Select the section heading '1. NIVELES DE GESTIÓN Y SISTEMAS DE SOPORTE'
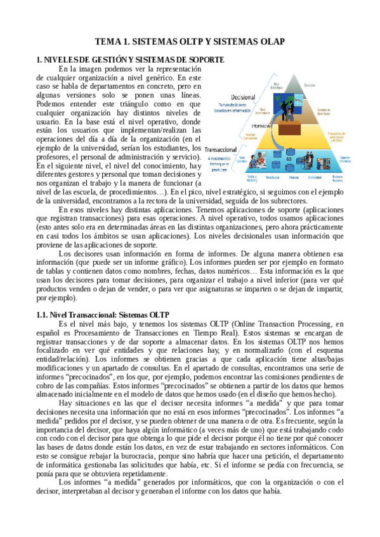[130, 60]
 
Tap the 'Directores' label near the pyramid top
[310, 85]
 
